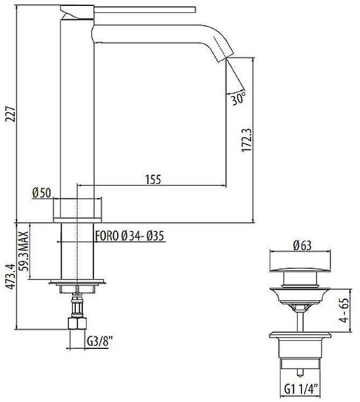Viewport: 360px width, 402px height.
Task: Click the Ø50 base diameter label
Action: click(x=41, y=193)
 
